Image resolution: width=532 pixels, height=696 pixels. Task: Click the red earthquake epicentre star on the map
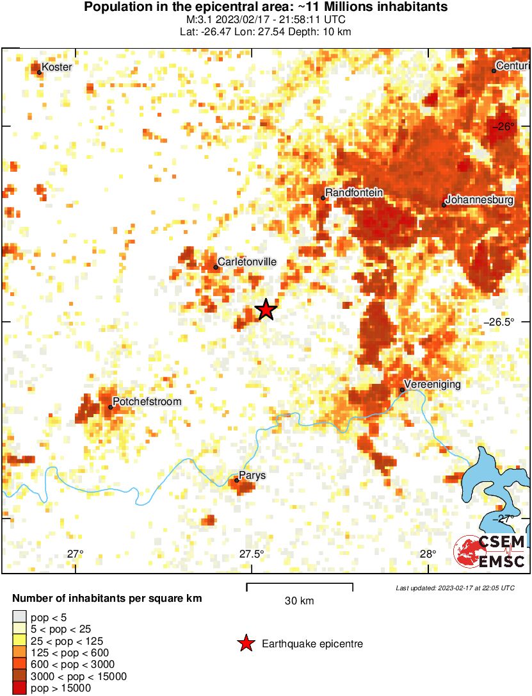click(266, 310)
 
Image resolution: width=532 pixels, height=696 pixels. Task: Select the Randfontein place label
click(354, 192)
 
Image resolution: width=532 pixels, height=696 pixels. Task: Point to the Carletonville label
click(247, 261)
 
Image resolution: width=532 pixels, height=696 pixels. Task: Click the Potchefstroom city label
click(147, 401)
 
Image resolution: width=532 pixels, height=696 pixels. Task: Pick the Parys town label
click(252, 475)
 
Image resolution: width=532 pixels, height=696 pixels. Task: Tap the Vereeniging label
click(432, 384)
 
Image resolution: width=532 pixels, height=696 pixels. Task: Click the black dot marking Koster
click(39, 72)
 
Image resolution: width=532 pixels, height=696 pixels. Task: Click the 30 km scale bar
click(300, 584)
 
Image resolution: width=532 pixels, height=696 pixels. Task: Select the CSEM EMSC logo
click(490, 551)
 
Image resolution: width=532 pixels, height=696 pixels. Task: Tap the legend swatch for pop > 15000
click(20, 688)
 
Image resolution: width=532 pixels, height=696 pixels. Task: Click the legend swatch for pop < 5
click(20, 617)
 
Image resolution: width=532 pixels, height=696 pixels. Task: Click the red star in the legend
click(245, 643)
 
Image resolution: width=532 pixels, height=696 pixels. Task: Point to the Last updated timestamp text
click(455, 588)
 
